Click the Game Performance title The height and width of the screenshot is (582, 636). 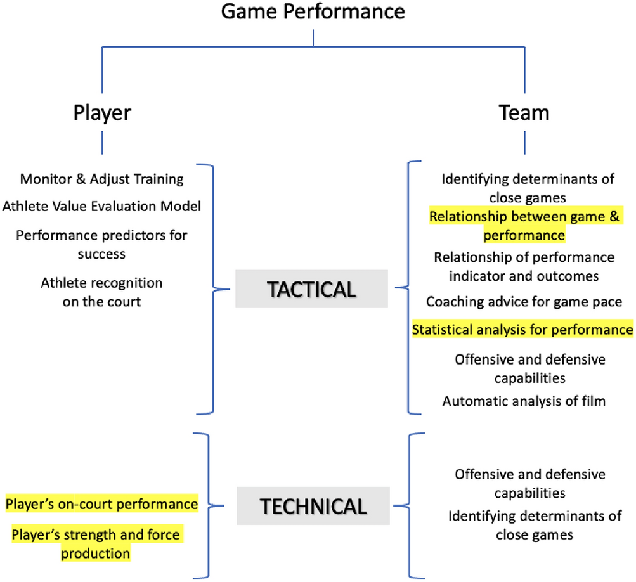[313, 11]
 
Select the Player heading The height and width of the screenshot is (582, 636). [102, 113]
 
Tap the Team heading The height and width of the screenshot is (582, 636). [523, 113]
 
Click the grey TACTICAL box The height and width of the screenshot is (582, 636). [311, 290]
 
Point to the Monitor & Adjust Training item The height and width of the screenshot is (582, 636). [102, 179]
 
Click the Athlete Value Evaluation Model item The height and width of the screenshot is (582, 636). [102, 207]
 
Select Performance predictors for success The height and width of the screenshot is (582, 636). [102, 245]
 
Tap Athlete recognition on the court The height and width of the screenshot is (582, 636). [102, 292]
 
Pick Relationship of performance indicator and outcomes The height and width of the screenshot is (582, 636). [524, 267]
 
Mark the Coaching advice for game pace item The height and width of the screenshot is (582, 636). [524, 302]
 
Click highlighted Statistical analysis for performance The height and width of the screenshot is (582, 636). [522, 330]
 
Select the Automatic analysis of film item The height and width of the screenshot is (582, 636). [524, 401]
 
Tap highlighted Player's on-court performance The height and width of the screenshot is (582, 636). [102, 505]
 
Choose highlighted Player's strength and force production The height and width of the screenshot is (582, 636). [96, 544]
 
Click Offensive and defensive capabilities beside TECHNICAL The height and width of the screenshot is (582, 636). [530, 483]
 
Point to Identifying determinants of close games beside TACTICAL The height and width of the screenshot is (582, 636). [528, 187]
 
